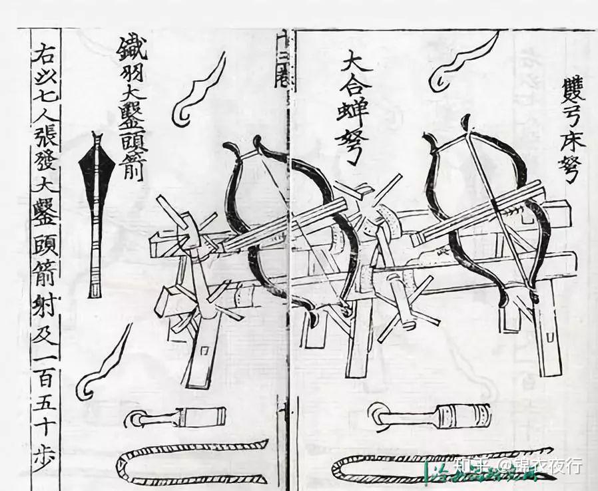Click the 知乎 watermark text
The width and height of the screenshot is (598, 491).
pyautogui.click(x=469, y=466)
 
